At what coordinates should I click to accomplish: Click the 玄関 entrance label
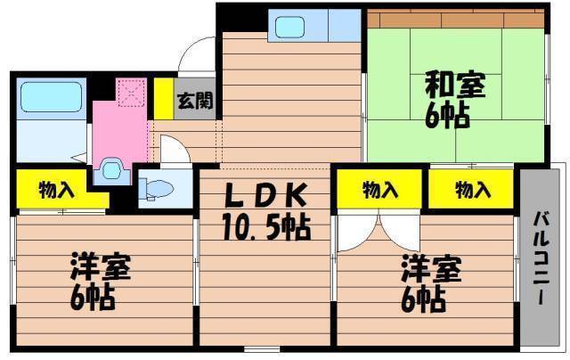tap(195, 100)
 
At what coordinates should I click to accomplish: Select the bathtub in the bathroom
tap(51, 97)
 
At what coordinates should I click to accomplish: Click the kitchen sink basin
tap(289, 27)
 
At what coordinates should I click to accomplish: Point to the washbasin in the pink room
tap(111, 169)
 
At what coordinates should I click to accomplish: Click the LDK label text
tap(265, 195)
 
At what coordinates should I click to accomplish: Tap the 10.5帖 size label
tap(266, 227)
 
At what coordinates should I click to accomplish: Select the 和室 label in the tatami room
tap(455, 86)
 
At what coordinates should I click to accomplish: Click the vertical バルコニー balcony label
tap(541, 258)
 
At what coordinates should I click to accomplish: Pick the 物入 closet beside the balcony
tap(471, 189)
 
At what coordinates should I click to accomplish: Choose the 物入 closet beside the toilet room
tap(56, 189)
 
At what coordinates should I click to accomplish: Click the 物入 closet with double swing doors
tap(379, 189)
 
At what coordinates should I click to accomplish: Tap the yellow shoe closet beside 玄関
tap(164, 99)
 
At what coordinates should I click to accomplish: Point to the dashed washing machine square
tap(131, 93)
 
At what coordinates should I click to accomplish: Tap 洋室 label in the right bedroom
tap(431, 269)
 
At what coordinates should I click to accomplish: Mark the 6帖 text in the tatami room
tap(447, 116)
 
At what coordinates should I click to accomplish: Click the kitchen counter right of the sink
tap(345, 26)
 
